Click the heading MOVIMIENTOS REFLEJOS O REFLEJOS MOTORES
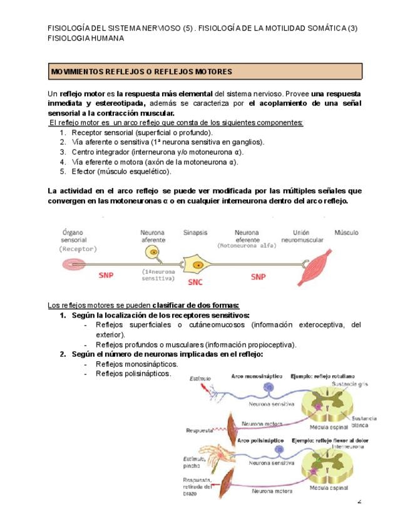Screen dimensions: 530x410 point(141,72)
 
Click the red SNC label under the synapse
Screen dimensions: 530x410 point(195,282)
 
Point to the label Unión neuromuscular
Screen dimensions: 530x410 point(303,236)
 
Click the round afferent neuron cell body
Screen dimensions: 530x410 point(152,251)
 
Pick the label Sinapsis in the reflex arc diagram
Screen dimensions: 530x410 point(195,232)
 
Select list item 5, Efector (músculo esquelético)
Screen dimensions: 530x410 point(121,171)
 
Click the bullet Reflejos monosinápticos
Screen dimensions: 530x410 point(136,364)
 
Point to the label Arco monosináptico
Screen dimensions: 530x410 point(255,376)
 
